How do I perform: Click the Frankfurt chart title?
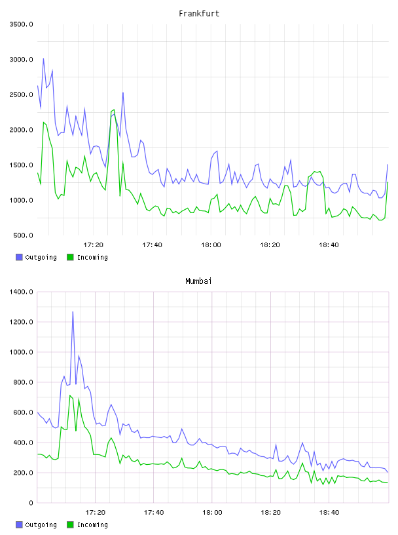coord(199,13)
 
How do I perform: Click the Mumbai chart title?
coord(198,281)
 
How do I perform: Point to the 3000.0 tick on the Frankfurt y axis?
coord(22,60)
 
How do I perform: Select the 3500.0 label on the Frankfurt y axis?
coord(22,24)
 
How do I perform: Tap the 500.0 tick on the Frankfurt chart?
coord(23,235)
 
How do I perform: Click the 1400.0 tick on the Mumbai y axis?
coord(22,292)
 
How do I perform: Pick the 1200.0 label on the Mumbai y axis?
coord(22,322)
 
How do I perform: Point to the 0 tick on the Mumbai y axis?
coord(31,503)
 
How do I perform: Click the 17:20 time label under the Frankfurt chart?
coord(94,245)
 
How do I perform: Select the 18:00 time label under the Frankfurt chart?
coord(211,245)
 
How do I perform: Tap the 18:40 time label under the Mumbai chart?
coord(329,512)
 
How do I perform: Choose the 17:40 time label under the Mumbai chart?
coord(154,512)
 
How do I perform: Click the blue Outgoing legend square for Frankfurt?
coord(19,257)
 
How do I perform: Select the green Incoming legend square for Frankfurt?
coord(70,257)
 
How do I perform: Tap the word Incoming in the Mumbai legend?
coord(92,525)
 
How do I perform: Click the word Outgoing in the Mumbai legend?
coord(41,525)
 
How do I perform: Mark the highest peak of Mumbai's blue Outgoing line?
coord(73,311)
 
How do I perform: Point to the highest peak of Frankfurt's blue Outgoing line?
coord(43,59)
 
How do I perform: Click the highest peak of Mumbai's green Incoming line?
coord(70,395)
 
